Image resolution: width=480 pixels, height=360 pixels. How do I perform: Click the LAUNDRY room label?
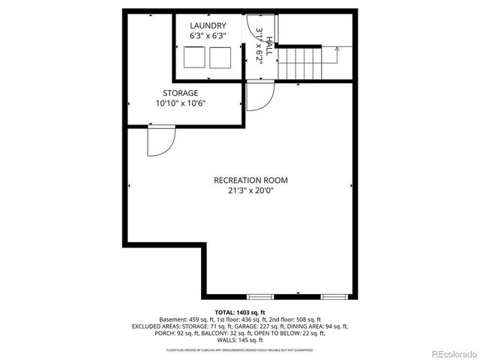[208, 25]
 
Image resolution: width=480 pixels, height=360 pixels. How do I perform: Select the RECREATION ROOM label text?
[250, 180]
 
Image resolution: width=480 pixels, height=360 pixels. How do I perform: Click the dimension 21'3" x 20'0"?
[250, 190]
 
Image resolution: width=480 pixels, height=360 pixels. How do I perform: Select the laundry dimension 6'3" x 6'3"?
[208, 35]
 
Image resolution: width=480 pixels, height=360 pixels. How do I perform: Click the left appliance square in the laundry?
[194, 57]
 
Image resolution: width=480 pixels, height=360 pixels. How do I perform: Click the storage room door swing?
[160, 141]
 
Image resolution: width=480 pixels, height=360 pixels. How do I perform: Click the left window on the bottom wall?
[261, 295]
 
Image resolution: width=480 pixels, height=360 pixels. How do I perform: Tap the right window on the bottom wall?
[334, 295]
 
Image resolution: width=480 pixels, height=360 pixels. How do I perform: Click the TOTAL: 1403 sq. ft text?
[239, 312]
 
